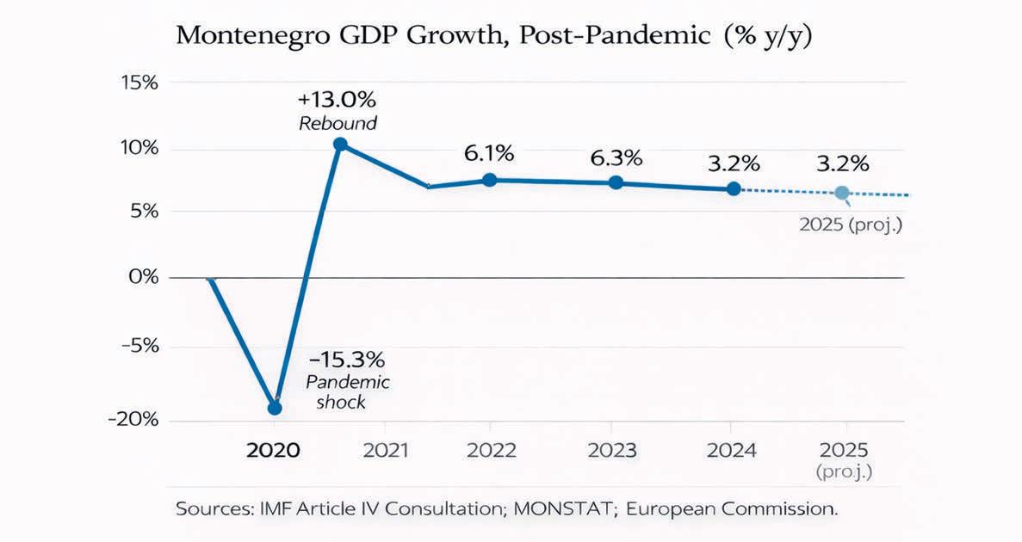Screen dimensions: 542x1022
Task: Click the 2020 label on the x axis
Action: point(273,451)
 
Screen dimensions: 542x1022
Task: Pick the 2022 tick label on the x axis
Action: point(491,451)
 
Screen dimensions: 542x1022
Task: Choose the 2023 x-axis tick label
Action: point(610,451)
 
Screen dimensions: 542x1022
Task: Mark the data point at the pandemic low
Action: point(275,408)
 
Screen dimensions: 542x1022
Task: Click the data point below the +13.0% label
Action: point(340,145)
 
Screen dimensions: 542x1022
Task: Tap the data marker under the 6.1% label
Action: point(489,180)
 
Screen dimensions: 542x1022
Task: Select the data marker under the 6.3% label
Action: point(616,182)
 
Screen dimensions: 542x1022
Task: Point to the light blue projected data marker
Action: point(842,193)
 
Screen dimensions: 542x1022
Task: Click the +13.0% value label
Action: point(338,95)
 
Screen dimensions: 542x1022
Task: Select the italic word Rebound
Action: point(338,123)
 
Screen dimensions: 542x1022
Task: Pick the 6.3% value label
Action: point(616,158)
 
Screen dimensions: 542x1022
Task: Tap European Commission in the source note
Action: point(731,508)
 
